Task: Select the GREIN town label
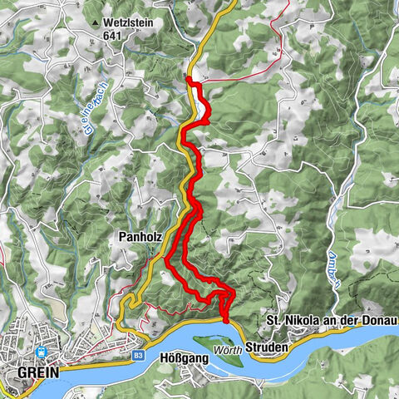point(37,373)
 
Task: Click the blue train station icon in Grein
point(41,352)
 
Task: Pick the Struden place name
point(267,345)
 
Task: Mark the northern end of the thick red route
point(190,80)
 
